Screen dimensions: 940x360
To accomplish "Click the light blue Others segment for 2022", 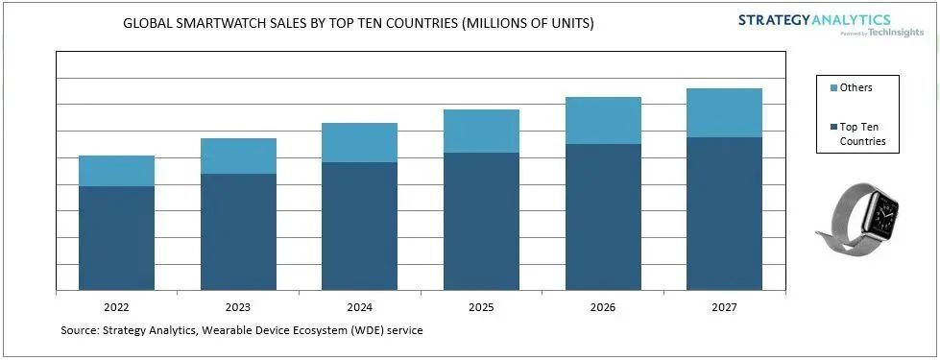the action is [117, 171].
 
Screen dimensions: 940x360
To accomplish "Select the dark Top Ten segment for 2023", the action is [238, 231].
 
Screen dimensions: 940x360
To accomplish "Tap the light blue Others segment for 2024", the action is [360, 143].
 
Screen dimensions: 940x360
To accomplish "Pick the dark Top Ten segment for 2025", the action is [481, 222].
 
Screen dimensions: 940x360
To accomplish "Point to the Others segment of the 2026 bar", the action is [603, 120].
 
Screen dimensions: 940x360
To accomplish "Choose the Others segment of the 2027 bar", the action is [724, 113].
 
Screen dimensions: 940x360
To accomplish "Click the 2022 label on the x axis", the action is [116, 308].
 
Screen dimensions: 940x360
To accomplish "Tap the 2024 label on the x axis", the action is [360, 308].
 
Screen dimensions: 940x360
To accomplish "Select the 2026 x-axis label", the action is [603, 308].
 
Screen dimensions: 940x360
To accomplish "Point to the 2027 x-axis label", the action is [724, 308].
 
